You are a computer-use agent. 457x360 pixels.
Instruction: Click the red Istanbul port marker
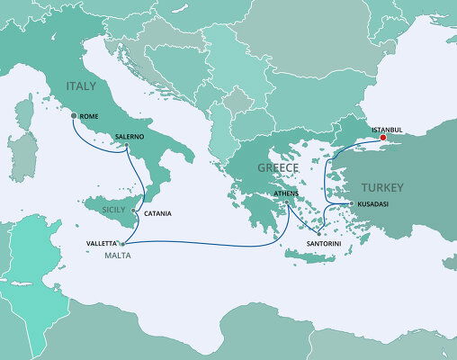382,139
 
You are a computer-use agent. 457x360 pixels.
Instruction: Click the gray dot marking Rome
74,116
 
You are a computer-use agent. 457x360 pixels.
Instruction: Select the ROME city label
89,117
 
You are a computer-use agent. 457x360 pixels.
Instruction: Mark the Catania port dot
134,211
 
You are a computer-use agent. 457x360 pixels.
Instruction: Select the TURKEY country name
381,187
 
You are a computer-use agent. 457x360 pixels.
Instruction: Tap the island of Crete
315,257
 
